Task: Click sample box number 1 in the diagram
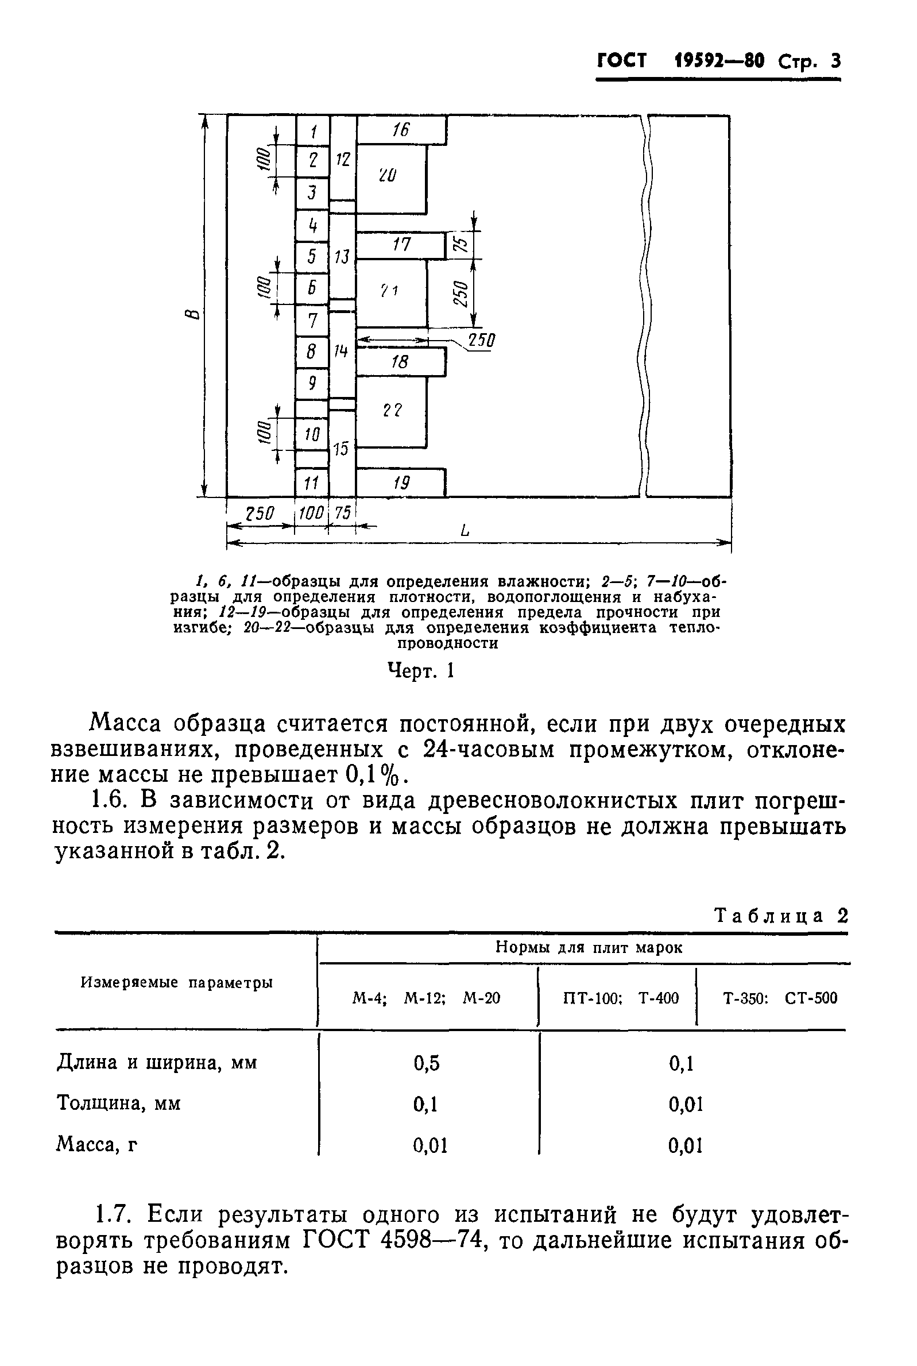(313, 130)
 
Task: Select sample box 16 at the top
(401, 129)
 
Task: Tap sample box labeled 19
(401, 483)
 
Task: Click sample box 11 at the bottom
(312, 483)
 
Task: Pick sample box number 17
(401, 245)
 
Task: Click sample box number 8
(312, 352)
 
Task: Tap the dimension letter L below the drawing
(465, 531)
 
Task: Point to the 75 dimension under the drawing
(343, 513)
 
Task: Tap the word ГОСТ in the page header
(622, 61)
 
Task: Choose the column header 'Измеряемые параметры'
(177, 983)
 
